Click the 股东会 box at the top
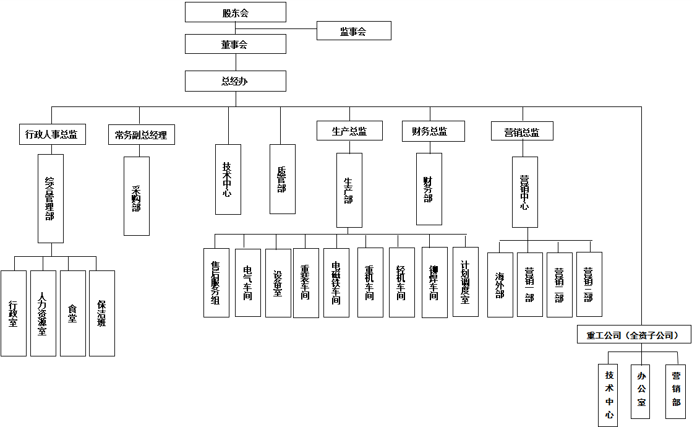click(x=236, y=12)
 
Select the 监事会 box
click(x=354, y=31)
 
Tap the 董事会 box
click(x=236, y=44)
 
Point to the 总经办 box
click(x=236, y=81)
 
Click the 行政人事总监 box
click(x=52, y=134)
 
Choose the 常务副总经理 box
click(x=141, y=134)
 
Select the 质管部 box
click(x=282, y=179)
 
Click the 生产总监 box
click(x=349, y=131)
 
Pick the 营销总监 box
click(x=522, y=131)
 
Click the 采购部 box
click(x=137, y=196)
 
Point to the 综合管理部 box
click(x=51, y=198)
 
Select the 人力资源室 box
click(x=43, y=313)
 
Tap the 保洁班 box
click(x=102, y=313)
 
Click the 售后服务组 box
click(x=216, y=283)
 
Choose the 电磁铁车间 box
click(x=336, y=283)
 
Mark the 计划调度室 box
click(x=466, y=282)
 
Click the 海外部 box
click(x=500, y=285)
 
